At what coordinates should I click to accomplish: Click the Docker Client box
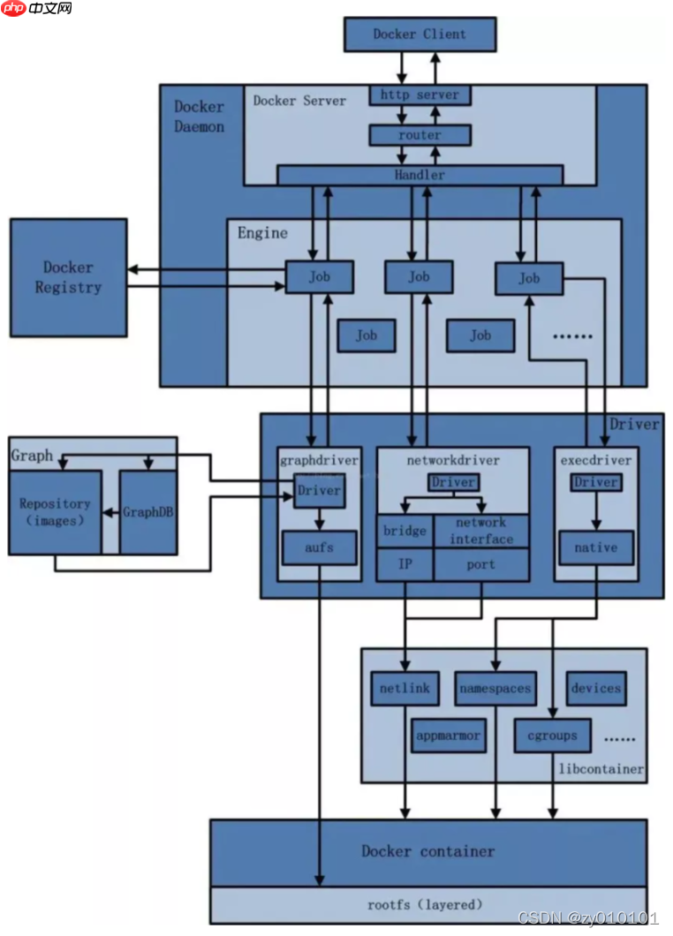click(420, 34)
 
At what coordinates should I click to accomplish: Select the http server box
click(420, 94)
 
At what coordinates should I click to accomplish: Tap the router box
click(420, 135)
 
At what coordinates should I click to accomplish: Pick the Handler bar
click(420, 175)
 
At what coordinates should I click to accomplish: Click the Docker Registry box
click(68, 277)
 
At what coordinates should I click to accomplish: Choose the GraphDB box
click(147, 512)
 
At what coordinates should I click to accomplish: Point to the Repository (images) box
click(55, 512)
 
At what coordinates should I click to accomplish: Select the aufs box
click(319, 547)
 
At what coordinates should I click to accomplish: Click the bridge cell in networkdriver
click(405, 532)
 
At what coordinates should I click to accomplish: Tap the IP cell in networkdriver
click(405, 564)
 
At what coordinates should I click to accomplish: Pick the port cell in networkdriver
click(481, 564)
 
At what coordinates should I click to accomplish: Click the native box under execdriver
click(595, 547)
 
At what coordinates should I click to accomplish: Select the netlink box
click(405, 688)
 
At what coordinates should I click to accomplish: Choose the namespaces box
click(495, 688)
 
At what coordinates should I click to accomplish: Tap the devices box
click(595, 688)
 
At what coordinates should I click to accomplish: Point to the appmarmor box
click(449, 735)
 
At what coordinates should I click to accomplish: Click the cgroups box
click(552, 735)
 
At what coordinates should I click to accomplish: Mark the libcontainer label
click(601, 769)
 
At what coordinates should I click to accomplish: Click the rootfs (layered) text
click(426, 904)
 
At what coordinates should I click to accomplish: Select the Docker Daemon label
click(199, 117)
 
